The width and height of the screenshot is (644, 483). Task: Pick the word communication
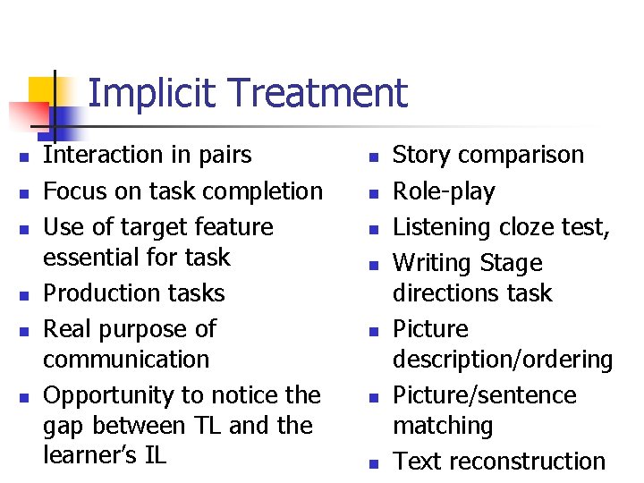click(x=126, y=360)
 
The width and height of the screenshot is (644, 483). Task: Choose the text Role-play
click(x=444, y=191)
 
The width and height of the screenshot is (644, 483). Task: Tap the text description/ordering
click(x=503, y=360)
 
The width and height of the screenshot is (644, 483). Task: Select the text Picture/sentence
click(x=485, y=395)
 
